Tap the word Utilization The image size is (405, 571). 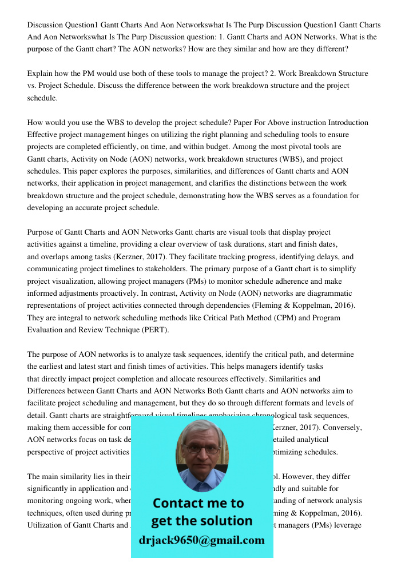click(48, 525)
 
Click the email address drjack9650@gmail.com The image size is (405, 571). click(202, 540)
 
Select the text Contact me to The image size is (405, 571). click(198, 503)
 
